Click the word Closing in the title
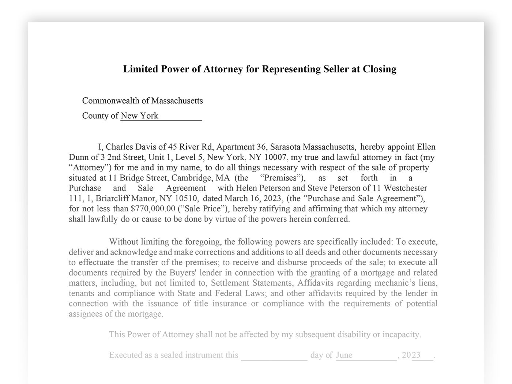379,69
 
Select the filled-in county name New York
139,116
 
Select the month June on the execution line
344,355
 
